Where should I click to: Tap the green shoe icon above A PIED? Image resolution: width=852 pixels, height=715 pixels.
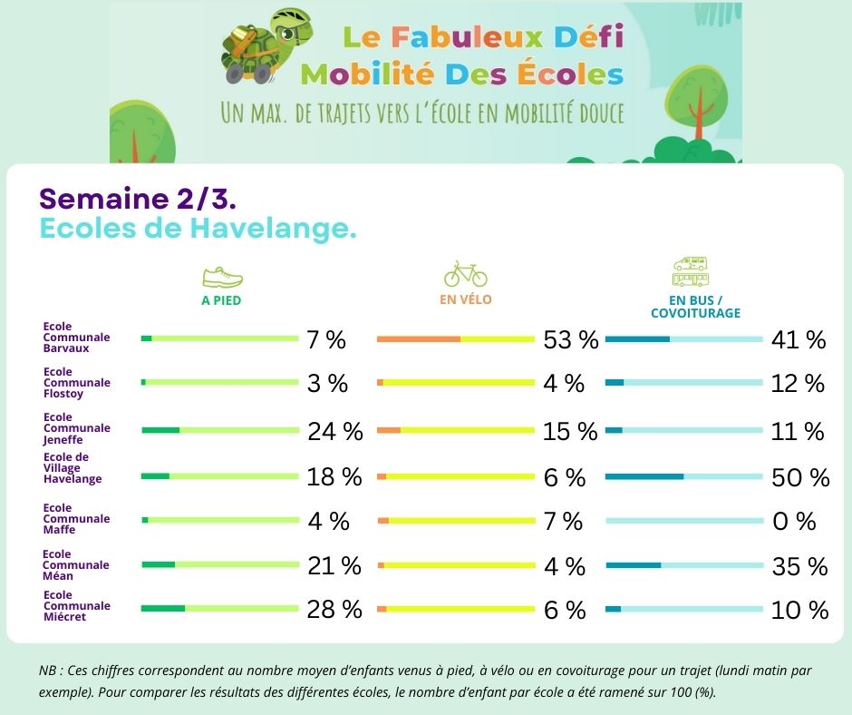tap(221, 277)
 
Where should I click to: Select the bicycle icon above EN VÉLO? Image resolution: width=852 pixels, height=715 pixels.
tap(465, 273)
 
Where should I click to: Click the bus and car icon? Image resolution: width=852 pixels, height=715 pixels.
tap(691, 271)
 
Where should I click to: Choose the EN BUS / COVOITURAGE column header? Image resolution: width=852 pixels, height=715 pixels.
tap(695, 307)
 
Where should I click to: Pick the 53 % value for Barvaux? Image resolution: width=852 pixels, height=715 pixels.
tap(571, 340)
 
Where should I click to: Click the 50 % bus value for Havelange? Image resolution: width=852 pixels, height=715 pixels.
tap(800, 477)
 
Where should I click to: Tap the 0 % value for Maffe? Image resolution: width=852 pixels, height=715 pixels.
tap(794, 522)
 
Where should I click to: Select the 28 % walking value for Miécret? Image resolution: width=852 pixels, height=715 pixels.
tap(334, 610)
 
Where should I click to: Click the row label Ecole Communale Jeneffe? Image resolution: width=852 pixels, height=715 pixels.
tap(77, 427)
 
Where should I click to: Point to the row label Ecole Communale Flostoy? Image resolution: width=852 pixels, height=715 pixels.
tap(77, 382)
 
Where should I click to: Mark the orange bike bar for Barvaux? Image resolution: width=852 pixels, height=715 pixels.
tap(418, 338)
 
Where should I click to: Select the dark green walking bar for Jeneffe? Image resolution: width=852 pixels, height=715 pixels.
tap(160, 430)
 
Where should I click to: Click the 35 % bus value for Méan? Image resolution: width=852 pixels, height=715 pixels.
tap(799, 567)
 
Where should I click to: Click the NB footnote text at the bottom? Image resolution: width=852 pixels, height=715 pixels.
tap(425, 681)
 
